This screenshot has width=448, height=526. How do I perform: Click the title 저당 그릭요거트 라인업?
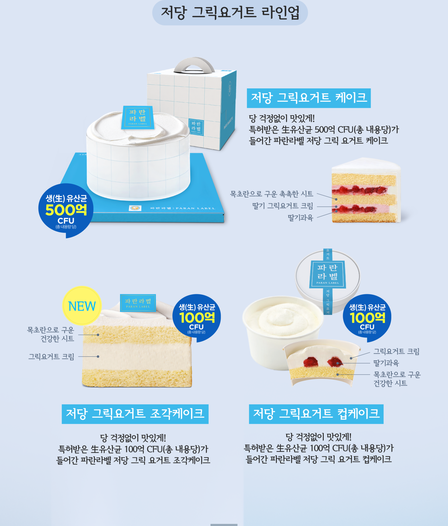tap(230, 13)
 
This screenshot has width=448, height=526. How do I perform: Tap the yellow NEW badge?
tap(82, 306)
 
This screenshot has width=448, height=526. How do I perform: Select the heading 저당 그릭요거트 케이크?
tap(309, 98)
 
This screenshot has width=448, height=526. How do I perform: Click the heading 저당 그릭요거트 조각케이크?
tap(135, 414)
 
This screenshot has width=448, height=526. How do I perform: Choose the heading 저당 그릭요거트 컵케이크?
tap(316, 414)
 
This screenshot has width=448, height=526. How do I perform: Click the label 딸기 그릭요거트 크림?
tap(283, 206)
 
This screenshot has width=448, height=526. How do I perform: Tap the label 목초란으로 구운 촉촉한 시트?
tap(271, 194)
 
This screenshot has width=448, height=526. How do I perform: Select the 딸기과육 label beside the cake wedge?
tap(300, 218)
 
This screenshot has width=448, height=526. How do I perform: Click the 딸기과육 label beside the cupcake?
tap(386, 363)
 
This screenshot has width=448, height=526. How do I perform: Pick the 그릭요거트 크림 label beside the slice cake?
tap(51, 356)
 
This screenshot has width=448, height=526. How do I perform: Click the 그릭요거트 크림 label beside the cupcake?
tap(396, 351)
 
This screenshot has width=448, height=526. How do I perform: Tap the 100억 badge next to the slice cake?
tap(197, 318)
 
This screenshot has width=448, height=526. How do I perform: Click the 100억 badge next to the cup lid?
tap(367, 318)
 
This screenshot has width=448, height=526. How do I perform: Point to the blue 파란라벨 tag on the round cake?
tap(138, 117)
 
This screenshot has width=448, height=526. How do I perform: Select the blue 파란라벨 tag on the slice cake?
tap(138, 303)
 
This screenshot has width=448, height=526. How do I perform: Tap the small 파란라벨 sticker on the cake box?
tap(196, 127)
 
